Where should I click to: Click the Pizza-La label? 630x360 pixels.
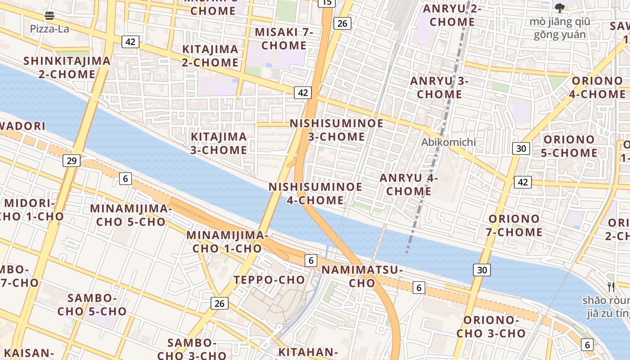[49, 29]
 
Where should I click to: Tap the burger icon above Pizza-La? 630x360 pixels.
[49, 16]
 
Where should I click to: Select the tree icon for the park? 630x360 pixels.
[559, 8]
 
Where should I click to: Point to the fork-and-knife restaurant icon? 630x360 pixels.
[611, 287]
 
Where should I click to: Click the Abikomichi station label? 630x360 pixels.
[448, 142]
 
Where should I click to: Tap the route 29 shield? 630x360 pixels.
[72, 160]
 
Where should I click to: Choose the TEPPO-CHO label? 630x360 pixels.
[269, 280]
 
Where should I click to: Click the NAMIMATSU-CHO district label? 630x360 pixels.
[362, 276]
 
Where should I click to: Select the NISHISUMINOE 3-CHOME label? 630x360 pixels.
[337, 130]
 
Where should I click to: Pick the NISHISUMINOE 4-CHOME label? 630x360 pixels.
[315, 193]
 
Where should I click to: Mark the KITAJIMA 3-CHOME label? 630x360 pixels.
[219, 143]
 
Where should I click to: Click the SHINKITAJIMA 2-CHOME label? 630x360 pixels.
[67, 67]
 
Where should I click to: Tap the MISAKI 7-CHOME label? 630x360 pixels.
[283, 39]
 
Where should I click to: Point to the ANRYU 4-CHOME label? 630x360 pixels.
[409, 184]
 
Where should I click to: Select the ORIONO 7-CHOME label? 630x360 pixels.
[515, 225]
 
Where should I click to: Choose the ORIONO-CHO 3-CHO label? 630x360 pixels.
[491, 327]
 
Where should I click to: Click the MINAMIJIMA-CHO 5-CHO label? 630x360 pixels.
[131, 215]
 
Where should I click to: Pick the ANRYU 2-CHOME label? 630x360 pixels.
[452, 15]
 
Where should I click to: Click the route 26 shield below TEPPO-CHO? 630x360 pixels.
[219, 303]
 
